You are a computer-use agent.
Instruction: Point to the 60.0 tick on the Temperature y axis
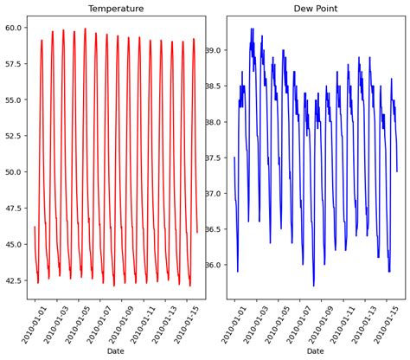click(x=14, y=28)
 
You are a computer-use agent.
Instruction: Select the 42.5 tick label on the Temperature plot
click(x=14, y=280)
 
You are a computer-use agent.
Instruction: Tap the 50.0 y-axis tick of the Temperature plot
click(x=14, y=172)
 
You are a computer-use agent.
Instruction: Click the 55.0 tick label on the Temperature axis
click(x=14, y=100)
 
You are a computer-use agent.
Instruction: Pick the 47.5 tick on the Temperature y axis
click(x=14, y=209)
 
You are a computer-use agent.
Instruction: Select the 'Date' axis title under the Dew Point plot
click(x=315, y=350)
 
